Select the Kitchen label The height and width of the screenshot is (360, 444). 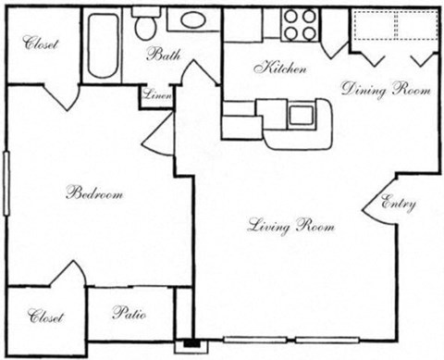(x=275, y=68)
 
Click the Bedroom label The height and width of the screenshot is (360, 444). (x=94, y=194)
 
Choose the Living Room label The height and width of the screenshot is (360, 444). (x=290, y=226)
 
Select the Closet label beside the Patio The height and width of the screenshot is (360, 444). (x=45, y=317)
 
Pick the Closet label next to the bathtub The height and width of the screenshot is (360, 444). (x=42, y=42)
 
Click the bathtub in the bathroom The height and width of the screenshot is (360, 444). (x=101, y=43)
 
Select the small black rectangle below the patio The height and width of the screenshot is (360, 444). (x=192, y=344)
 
